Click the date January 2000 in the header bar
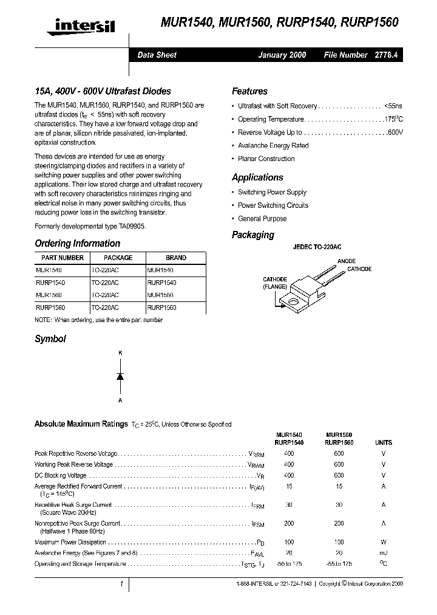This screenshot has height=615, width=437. (282, 55)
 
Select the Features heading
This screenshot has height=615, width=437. (249, 91)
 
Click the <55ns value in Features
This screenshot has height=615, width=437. (393, 106)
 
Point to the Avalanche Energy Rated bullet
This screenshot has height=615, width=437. (273, 146)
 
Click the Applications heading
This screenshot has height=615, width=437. (257, 177)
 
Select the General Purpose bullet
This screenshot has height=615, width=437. (262, 219)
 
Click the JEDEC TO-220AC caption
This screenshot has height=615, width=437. (317, 248)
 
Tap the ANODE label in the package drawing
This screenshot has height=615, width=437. (347, 261)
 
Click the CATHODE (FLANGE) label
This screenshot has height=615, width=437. (275, 284)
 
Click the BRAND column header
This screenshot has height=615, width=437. (176, 258)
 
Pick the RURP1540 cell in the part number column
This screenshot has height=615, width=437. (50, 283)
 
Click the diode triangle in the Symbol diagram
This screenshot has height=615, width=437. (120, 377)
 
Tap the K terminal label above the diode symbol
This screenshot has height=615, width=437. (120, 352)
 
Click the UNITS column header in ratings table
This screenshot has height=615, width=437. (383, 443)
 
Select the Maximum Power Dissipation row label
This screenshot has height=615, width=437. (70, 542)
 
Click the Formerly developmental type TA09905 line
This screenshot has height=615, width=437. (90, 226)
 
